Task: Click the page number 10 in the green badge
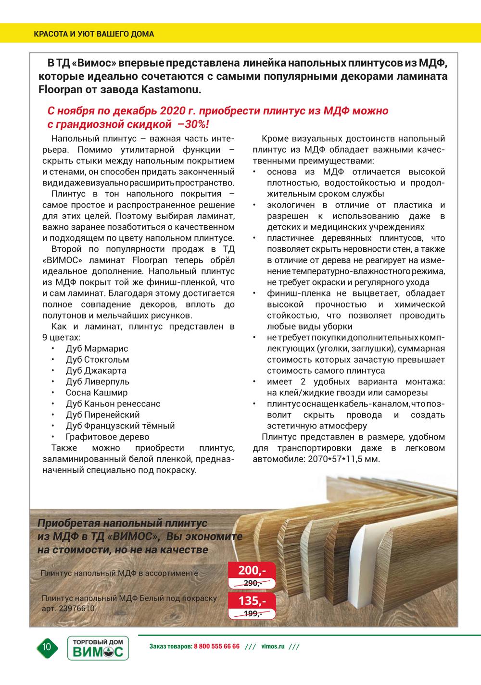(x=47, y=647)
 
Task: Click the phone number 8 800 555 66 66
(x=216, y=646)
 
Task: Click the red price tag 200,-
(x=252, y=571)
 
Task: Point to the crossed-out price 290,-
(x=253, y=583)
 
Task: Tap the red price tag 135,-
(x=252, y=601)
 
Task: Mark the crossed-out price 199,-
(x=253, y=613)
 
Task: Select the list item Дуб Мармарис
(x=97, y=348)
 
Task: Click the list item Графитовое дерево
(x=107, y=437)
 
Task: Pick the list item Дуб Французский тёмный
(x=120, y=426)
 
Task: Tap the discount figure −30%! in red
(x=193, y=124)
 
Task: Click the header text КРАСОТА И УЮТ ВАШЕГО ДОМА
(x=94, y=34)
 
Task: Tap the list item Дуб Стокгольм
(x=97, y=359)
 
